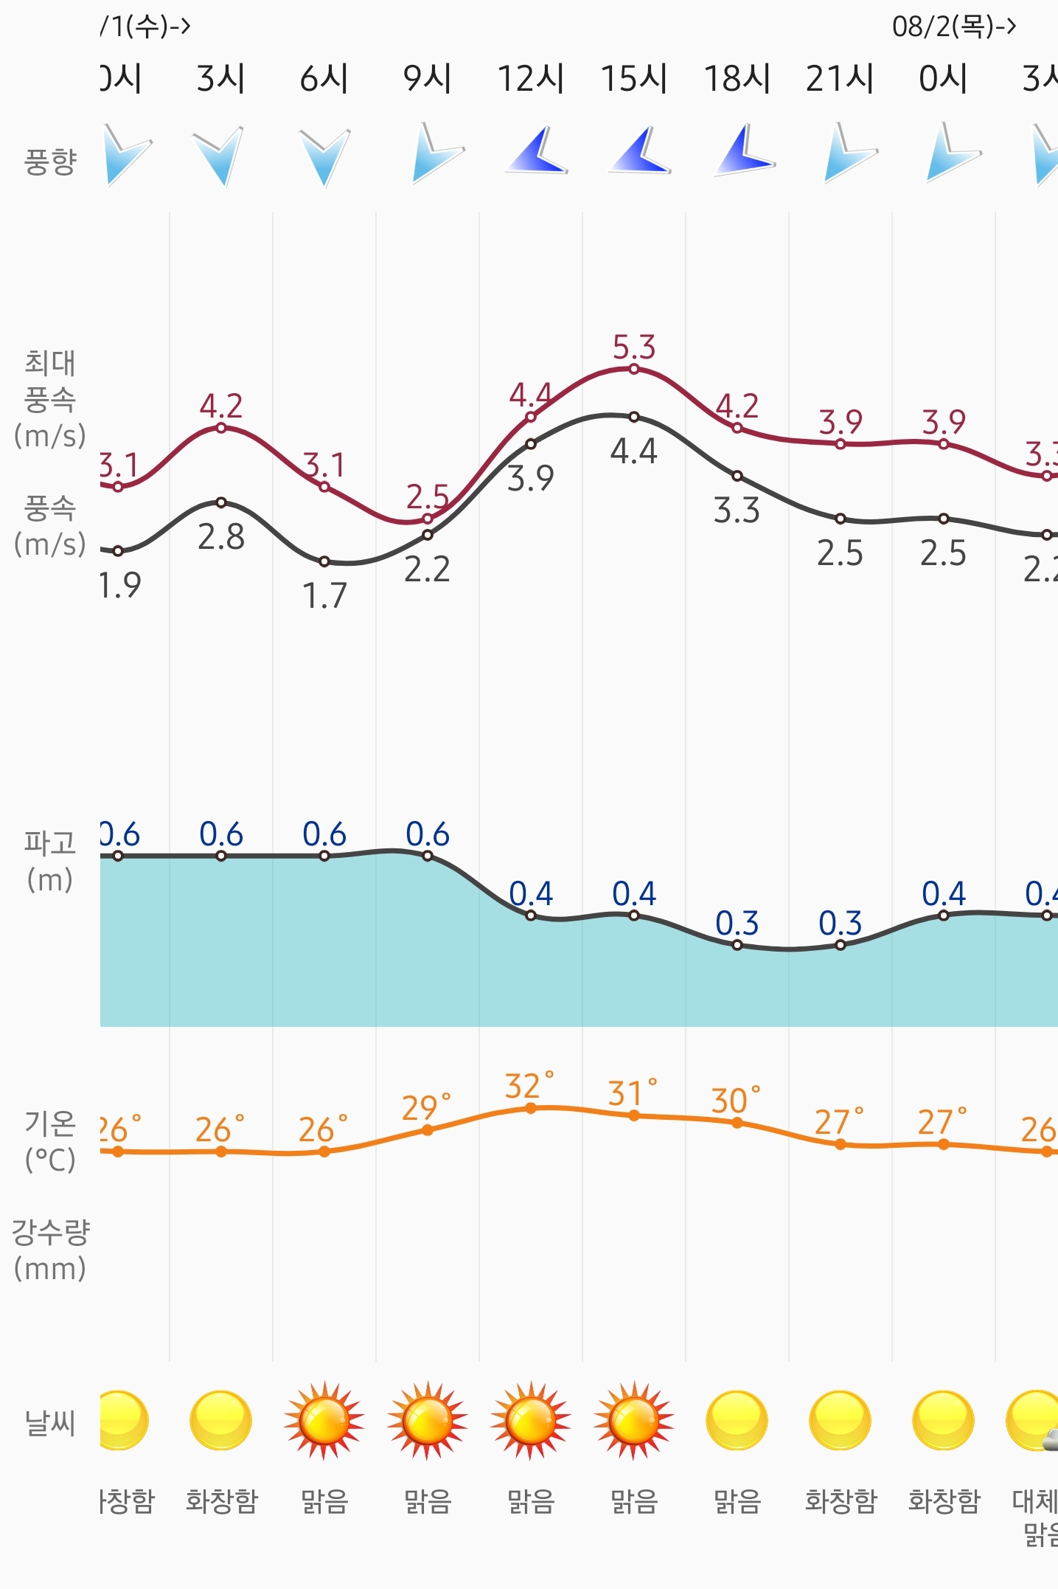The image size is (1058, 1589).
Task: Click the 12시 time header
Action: (x=531, y=78)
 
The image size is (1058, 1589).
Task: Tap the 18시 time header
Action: (x=737, y=78)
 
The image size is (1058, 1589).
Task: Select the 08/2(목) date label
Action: (x=953, y=27)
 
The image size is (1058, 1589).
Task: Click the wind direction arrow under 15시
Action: (x=638, y=152)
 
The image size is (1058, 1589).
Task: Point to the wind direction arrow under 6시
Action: (x=324, y=155)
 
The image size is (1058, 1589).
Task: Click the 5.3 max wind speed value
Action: (x=634, y=347)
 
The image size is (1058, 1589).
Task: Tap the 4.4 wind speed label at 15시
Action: (x=634, y=451)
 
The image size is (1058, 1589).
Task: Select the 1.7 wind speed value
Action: (x=324, y=595)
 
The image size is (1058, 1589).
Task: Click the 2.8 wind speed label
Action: (x=221, y=537)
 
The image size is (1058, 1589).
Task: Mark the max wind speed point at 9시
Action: (x=428, y=519)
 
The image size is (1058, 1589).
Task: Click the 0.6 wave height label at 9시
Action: (x=428, y=834)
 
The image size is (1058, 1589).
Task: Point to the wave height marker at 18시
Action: (x=737, y=945)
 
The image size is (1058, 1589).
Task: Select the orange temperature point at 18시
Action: (x=737, y=1123)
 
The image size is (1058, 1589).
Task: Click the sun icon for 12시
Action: (x=531, y=1420)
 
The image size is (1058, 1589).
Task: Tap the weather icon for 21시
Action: (x=841, y=1420)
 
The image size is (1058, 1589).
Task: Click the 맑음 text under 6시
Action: (x=324, y=1501)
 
